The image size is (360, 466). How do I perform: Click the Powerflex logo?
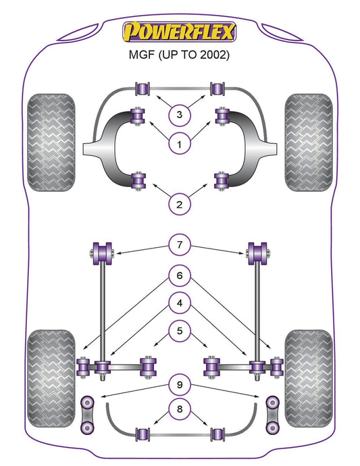[x=179, y=32]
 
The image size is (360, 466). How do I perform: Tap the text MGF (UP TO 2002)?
[x=179, y=55]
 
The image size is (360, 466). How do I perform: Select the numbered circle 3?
[x=179, y=114]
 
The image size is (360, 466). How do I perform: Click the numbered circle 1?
[x=179, y=145]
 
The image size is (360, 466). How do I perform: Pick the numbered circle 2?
[x=179, y=205]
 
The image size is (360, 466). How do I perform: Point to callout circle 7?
[x=180, y=245]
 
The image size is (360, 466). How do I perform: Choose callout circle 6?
[x=180, y=276]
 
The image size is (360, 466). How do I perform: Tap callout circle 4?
[x=180, y=303]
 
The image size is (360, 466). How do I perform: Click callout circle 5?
[x=180, y=331]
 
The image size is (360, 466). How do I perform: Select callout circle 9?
[x=180, y=385]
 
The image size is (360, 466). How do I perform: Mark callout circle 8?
[x=180, y=409]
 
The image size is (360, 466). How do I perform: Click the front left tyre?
[x=51, y=143]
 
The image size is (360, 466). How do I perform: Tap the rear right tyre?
[x=309, y=378]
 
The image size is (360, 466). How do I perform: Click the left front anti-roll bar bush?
[x=143, y=88]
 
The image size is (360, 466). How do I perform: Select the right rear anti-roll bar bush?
[x=217, y=434]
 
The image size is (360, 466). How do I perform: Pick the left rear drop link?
[x=87, y=414]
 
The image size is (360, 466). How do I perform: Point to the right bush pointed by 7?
[x=257, y=253]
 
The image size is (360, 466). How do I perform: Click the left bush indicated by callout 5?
[x=149, y=367]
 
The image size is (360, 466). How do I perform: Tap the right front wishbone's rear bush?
[x=222, y=181]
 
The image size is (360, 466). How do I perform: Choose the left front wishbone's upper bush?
[x=138, y=115]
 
